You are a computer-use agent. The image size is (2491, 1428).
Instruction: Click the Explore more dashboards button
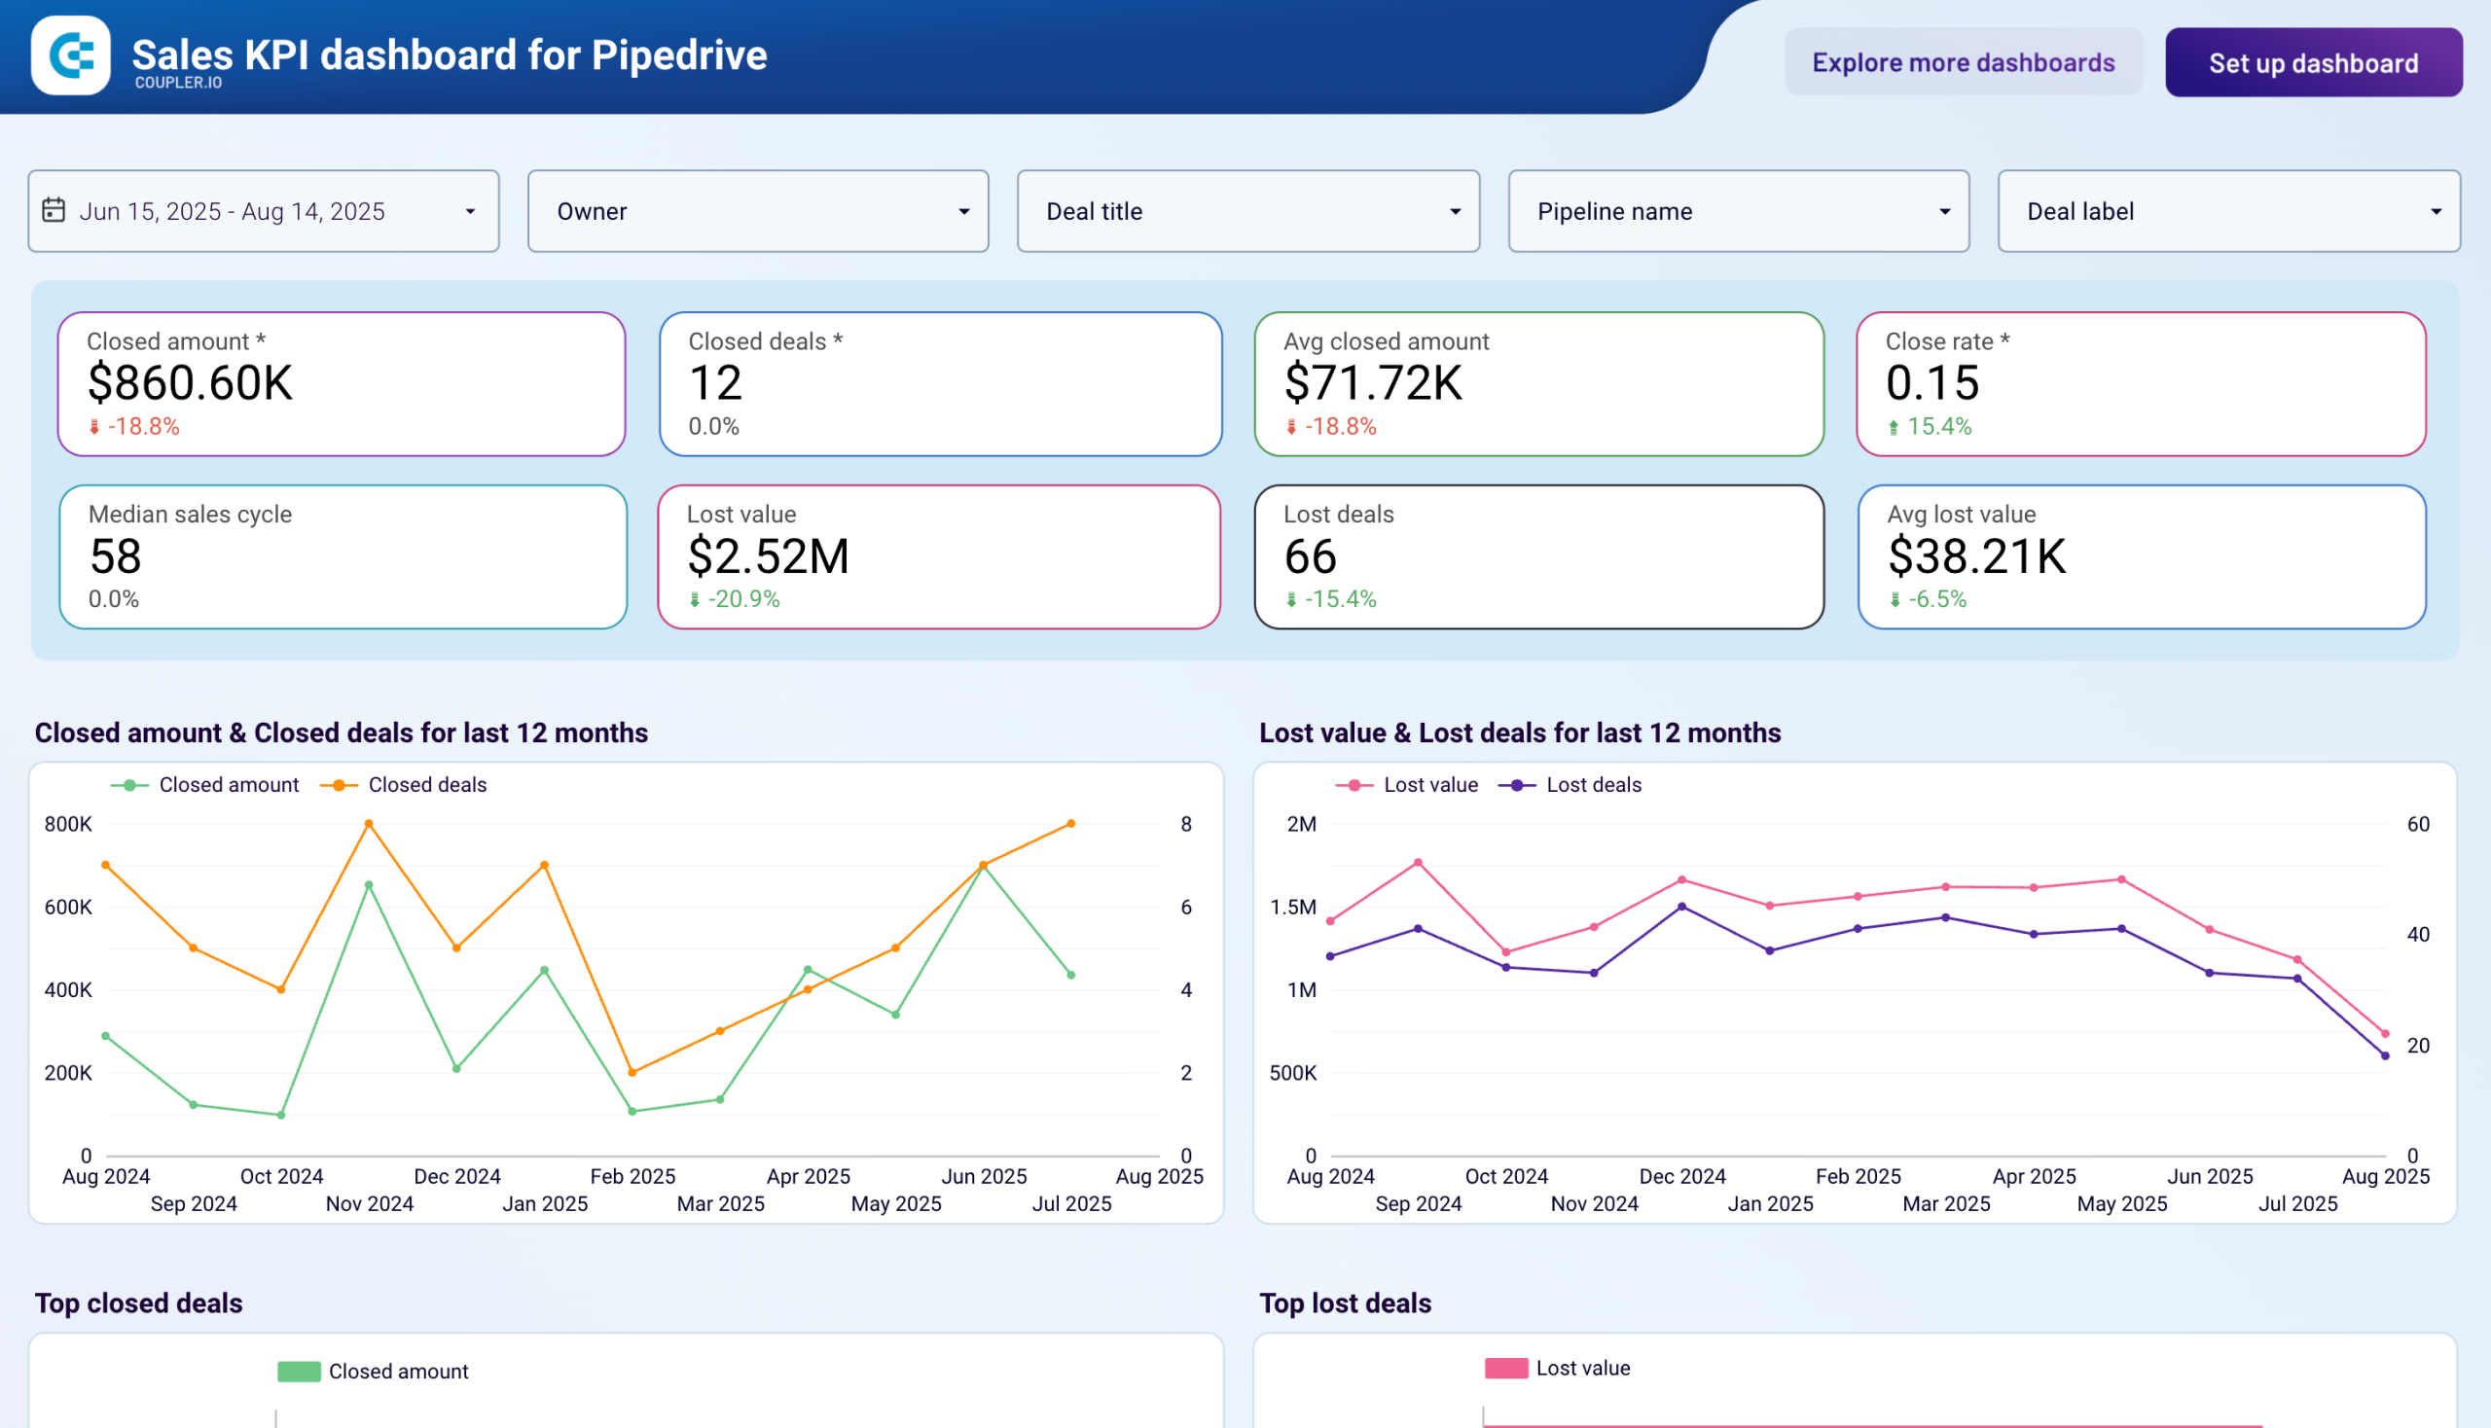[1963, 63]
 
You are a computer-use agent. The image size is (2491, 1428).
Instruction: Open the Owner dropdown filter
[757, 211]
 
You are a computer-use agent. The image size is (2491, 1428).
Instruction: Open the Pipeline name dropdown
[1738, 211]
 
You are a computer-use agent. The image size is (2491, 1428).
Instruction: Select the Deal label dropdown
[2228, 211]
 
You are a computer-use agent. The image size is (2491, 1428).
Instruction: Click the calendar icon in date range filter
[54, 210]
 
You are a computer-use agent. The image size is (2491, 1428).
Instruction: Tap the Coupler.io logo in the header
[71, 54]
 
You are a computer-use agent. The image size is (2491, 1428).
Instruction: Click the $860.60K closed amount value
[191, 383]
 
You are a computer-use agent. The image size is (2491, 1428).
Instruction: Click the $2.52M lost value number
[768, 556]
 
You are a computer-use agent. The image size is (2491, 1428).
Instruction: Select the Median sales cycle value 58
[116, 556]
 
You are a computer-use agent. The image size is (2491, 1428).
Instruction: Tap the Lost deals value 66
[1310, 556]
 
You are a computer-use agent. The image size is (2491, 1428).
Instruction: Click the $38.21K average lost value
[1976, 556]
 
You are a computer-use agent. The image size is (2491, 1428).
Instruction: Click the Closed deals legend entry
[426, 785]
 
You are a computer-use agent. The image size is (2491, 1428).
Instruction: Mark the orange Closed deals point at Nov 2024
[369, 824]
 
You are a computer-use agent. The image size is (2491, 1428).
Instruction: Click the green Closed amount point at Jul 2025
[1070, 975]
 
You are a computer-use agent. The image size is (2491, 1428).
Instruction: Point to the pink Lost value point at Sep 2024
[1418, 863]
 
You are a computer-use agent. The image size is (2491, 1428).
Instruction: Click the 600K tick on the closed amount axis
[68, 908]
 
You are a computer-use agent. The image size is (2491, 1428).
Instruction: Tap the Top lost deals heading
[1344, 1303]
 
